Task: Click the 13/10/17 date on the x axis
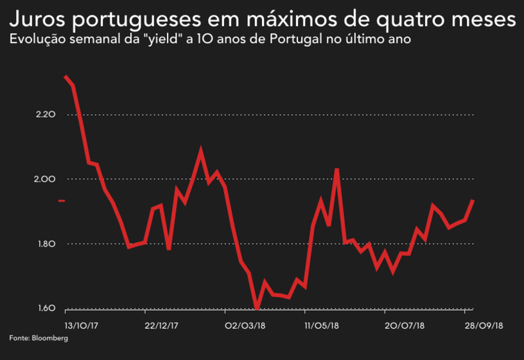(82, 325)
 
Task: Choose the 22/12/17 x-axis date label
(161, 325)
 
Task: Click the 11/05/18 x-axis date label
(322, 325)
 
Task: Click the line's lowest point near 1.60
(257, 309)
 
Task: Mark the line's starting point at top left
(65, 76)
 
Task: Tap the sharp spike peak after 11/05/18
(337, 169)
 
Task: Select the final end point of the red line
(473, 200)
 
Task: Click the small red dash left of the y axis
(62, 201)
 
